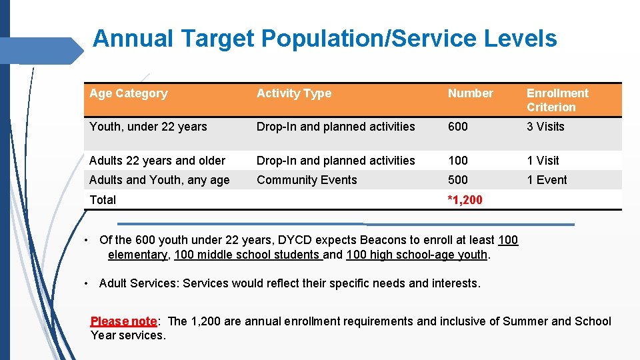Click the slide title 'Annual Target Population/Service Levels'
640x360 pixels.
click(x=325, y=39)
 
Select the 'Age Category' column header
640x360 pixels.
click(x=128, y=93)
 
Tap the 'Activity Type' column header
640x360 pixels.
click(x=293, y=93)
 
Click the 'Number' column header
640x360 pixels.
click(x=470, y=93)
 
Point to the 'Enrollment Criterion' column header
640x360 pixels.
click(x=557, y=100)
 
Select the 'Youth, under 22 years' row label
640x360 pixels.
click(x=148, y=127)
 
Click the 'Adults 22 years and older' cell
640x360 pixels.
click(x=157, y=161)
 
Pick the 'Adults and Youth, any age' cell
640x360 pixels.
click(x=159, y=180)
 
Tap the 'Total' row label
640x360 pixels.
click(x=103, y=200)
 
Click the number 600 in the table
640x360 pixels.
click(x=458, y=127)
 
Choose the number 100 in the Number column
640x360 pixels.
click(x=458, y=161)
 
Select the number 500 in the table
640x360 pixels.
click(x=458, y=180)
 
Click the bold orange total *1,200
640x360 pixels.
click(x=465, y=200)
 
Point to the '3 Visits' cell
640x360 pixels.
click(x=545, y=127)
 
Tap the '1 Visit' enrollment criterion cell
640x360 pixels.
click(x=543, y=161)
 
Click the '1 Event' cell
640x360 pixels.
click(x=547, y=180)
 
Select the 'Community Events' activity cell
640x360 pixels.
click(x=307, y=180)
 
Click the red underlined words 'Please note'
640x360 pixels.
click(x=123, y=321)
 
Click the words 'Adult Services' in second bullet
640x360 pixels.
click(x=138, y=283)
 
